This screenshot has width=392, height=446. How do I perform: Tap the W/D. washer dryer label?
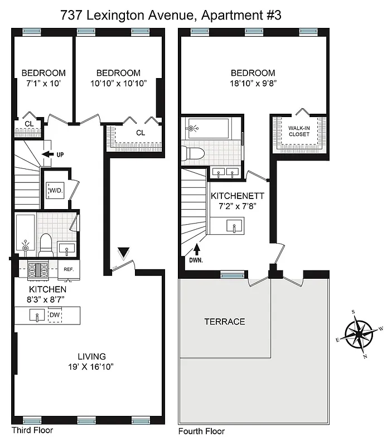[56, 191]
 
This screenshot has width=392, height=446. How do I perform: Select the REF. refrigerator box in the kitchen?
[69, 269]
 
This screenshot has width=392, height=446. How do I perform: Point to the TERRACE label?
[224, 322]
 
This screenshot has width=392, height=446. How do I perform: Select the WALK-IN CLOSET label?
[299, 131]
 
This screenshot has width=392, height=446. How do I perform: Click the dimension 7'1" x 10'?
[43, 83]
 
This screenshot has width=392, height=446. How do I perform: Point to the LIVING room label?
[92, 356]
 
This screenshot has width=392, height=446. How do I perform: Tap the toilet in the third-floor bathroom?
[46, 243]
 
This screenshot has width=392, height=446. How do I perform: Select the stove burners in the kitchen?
[40, 270]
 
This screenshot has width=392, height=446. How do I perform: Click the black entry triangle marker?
[123, 254]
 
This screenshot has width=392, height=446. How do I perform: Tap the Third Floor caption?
[32, 430]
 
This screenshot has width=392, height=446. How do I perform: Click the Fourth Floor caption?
[201, 431]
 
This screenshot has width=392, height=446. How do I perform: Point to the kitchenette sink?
[234, 226]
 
